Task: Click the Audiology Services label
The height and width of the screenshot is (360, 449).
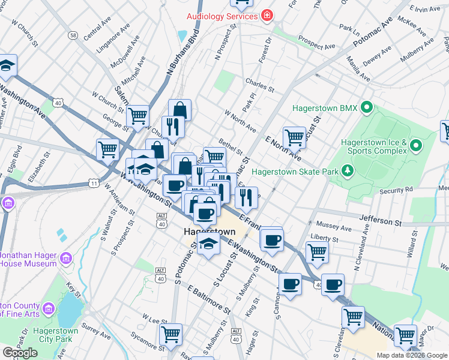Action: coord(222,16)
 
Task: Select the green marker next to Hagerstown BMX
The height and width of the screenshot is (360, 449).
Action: coord(367,109)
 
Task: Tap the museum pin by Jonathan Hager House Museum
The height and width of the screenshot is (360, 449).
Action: coord(66,259)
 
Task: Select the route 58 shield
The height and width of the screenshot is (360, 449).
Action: coord(73,35)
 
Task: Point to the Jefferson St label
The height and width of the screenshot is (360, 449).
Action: coord(380,221)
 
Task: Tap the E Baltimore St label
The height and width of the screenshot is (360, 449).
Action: coord(208,299)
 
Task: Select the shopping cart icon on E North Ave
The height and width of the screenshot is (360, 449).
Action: coord(294,137)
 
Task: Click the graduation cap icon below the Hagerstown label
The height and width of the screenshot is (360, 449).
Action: coord(208,244)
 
